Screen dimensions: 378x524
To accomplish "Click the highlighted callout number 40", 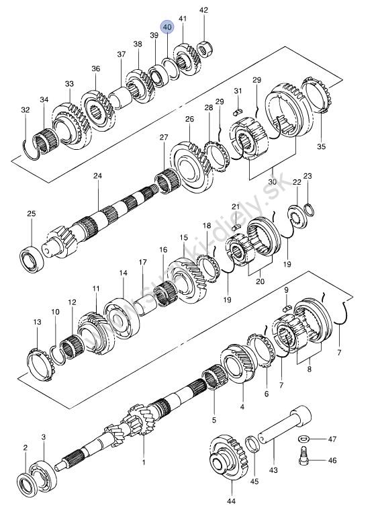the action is tap(167, 27).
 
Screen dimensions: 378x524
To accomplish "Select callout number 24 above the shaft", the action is tap(97, 176).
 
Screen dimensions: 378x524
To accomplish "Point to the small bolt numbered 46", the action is tap(303, 455).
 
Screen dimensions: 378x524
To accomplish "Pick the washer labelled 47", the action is tap(303, 438).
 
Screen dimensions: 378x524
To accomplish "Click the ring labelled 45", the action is tap(252, 443).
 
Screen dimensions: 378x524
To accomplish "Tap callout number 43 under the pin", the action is tap(273, 470).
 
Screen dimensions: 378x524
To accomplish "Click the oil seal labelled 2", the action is tap(26, 483).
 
